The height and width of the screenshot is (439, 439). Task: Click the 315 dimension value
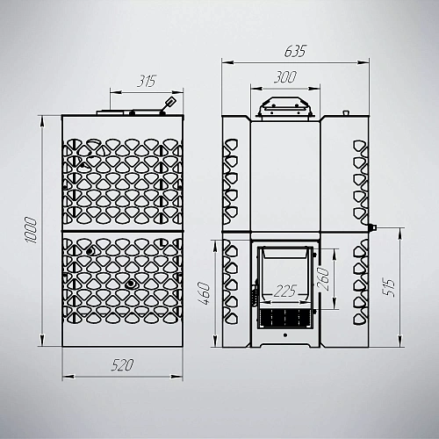(x=147, y=81)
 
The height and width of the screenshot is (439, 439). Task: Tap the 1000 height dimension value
(x=31, y=230)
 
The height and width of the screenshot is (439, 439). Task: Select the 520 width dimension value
(x=122, y=365)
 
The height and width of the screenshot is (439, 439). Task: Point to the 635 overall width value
(x=295, y=51)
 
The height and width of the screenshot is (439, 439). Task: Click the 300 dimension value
(x=285, y=77)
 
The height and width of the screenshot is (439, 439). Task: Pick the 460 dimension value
(x=204, y=293)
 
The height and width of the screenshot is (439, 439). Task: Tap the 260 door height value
(x=323, y=279)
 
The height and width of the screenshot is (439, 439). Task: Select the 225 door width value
(x=285, y=291)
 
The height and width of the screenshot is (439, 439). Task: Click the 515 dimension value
(x=389, y=288)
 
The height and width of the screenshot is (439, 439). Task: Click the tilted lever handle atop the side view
(x=169, y=104)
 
